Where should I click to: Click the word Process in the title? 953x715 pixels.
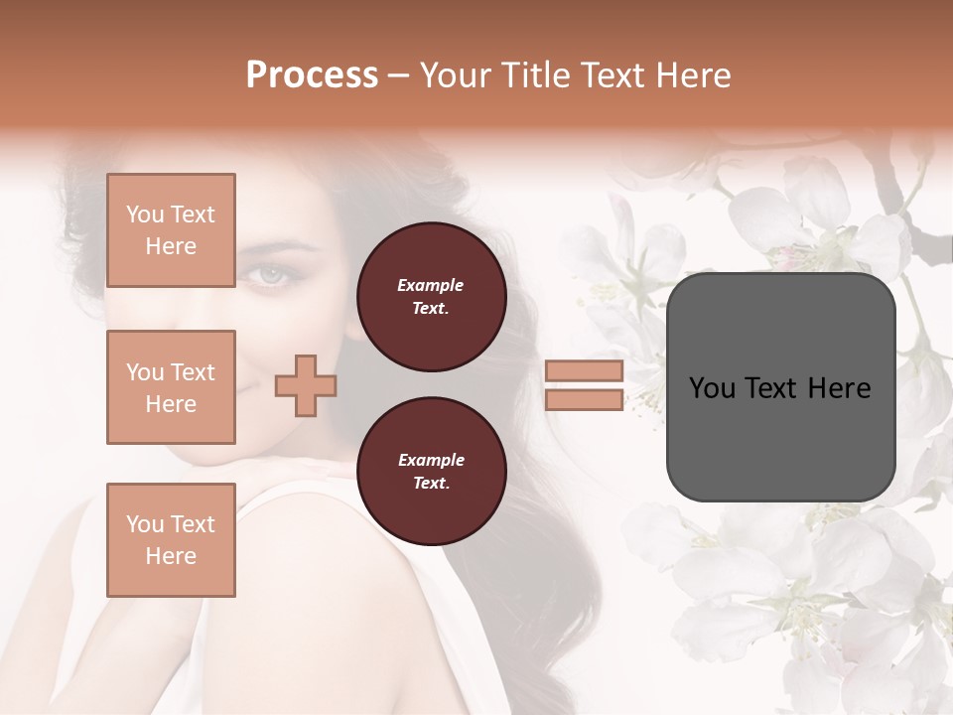(x=312, y=74)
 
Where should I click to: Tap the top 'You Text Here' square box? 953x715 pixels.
(x=171, y=230)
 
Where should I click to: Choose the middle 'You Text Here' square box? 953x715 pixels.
(x=171, y=387)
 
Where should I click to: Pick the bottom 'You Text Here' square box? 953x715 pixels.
(x=171, y=539)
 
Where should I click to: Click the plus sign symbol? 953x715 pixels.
(x=305, y=386)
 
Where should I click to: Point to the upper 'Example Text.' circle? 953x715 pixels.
(x=431, y=297)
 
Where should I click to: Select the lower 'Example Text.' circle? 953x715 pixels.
(x=431, y=472)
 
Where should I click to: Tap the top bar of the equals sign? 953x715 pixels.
(x=584, y=370)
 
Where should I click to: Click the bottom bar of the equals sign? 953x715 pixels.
(x=584, y=400)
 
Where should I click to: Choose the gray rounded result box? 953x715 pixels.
(x=780, y=387)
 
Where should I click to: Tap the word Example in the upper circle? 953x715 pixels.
(x=431, y=285)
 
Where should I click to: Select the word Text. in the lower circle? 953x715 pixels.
(x=431, y=484)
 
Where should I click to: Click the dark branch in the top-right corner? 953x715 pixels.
(x=928, y=238)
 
